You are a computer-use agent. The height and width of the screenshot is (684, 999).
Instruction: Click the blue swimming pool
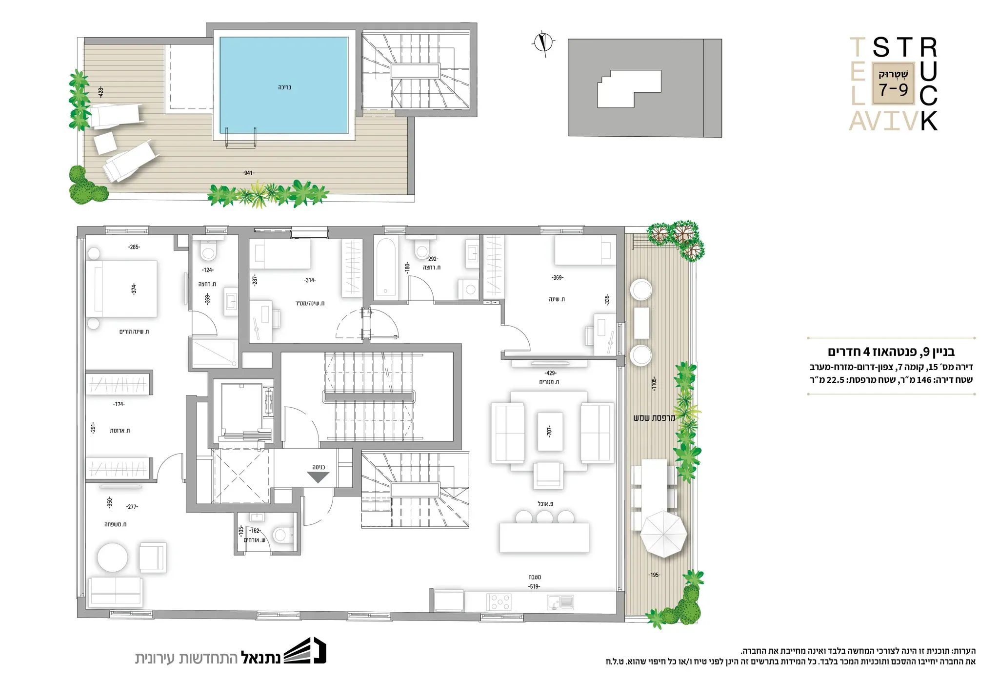pos(284,85)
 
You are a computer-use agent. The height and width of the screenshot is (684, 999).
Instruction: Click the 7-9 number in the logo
pos(894,90)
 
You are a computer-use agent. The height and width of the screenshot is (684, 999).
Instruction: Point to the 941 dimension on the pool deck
pos(248,173)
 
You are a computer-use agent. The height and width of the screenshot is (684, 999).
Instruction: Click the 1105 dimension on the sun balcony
pos(654,383)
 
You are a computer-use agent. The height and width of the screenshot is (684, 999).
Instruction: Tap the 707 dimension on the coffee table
pos(549,431)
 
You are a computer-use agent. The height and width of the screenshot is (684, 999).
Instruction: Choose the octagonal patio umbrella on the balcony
pos(663,534)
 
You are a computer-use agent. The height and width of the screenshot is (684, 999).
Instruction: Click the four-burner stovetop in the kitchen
pos(499,602)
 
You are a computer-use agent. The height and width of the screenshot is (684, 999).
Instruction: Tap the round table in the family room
pos(113,558)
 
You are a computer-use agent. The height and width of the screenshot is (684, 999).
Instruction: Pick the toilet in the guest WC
pos(282,535)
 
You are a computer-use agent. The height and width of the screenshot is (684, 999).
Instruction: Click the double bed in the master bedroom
pos(121,289)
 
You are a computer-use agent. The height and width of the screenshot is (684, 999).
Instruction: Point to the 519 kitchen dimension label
pos(534,586)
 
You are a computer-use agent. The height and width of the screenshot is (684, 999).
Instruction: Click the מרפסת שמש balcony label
pos(654,418)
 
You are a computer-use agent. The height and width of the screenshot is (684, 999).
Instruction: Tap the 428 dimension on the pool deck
pos(100,92)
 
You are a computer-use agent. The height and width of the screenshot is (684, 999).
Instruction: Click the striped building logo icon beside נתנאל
pos(305,650)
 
